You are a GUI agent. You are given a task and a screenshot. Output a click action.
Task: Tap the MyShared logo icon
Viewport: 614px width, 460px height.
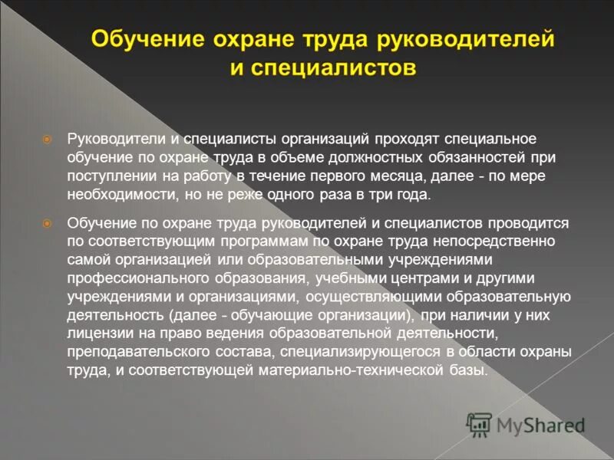click(480, 423)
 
